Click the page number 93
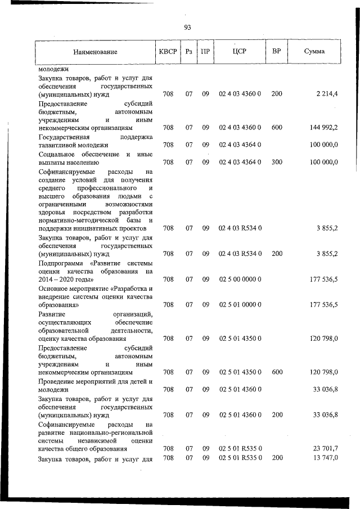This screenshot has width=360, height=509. (x=188, y=27)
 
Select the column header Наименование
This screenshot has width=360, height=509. (x=94, y=52)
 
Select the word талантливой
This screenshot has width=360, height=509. (x=58, y=145)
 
